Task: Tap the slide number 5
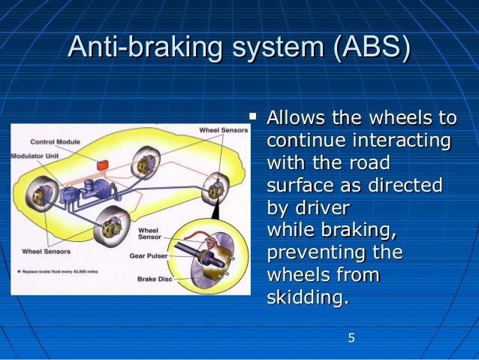click(x=351, y=338)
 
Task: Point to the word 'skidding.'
click(x=308, y=298)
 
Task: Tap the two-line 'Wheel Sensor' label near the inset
click(x=149, y=233)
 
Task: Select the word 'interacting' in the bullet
click(x=406, y=141)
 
